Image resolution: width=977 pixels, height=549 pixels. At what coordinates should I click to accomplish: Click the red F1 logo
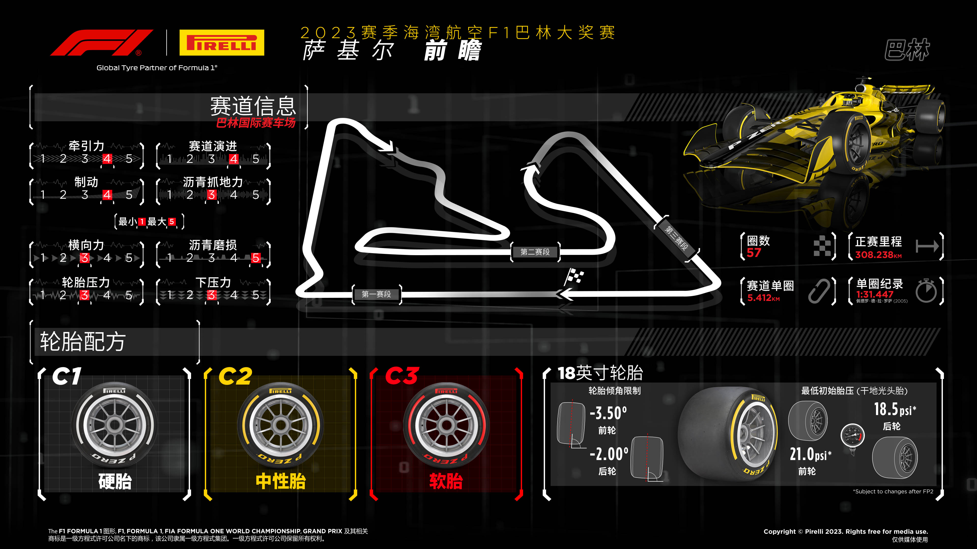(102, 42)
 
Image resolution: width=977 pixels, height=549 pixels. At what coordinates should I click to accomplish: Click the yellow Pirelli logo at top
(222, 42)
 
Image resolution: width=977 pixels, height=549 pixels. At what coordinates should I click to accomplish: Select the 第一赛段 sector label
(376, 294)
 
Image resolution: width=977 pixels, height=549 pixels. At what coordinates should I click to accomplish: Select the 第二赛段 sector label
(535, 252)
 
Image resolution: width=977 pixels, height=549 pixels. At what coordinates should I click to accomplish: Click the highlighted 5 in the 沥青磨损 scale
(256, 258)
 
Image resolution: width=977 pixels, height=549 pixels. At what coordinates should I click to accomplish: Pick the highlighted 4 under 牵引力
(107, 159)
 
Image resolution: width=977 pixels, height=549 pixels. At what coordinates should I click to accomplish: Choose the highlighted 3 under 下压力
(212, 295)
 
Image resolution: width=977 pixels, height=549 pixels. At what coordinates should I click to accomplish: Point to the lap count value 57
(754, 253)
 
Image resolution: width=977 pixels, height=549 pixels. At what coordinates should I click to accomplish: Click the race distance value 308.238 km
(878, 255)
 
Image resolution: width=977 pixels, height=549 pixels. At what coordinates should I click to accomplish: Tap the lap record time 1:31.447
(875, 294)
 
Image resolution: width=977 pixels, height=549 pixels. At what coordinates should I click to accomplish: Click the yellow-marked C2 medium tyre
(281, 425)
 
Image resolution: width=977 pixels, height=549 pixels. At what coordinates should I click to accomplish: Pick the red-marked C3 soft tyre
(447, 425)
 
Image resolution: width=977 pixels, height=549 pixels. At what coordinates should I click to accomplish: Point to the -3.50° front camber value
(608, 413)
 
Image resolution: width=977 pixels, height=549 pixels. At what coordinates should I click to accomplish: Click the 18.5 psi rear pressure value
(895, 409)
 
